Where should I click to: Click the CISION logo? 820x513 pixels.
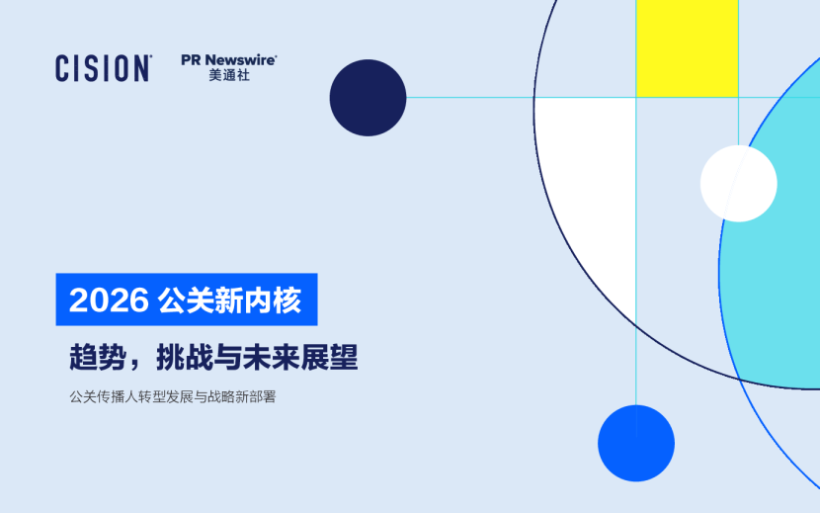(x=103, y=68)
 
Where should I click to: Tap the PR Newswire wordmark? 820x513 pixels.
(x=228, y=60)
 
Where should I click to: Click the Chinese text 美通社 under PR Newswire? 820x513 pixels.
(x=228, y=76)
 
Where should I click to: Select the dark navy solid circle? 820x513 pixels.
(x=368, y=98)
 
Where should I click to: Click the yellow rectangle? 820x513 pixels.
(x=687, y=47)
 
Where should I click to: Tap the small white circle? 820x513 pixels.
(x=738, y=183)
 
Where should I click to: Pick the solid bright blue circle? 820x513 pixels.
(x=635, y=444)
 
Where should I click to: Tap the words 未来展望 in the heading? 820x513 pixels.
(x=300, y=358)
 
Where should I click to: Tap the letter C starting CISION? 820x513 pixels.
(x=62, y=68)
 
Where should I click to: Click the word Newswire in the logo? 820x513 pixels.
(x=241, y=60)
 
